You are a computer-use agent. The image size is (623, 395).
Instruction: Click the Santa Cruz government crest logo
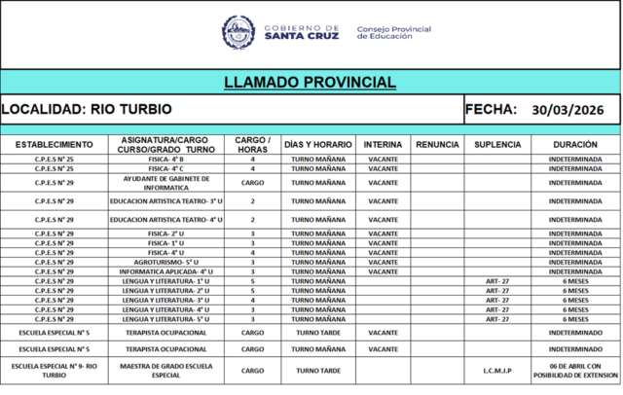[x=238, y=32]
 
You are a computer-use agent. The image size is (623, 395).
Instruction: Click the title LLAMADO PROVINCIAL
[x=310, y=82]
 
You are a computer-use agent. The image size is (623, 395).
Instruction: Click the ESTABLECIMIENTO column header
[x=54, y=144]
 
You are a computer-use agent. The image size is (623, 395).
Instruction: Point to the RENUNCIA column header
[x=437, y=144]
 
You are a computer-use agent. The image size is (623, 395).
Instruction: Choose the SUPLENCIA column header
[x=497, y=144]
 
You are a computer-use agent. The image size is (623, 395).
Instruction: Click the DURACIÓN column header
[x=573, y=144]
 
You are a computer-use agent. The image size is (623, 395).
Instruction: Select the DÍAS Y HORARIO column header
[x=318, y=144]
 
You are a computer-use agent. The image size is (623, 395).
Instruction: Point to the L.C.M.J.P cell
[x=497, y=371]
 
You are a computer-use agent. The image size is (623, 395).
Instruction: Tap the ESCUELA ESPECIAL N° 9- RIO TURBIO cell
[x=54, y=371]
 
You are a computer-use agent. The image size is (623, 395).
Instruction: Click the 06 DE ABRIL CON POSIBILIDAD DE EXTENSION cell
[x=573, y=371]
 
